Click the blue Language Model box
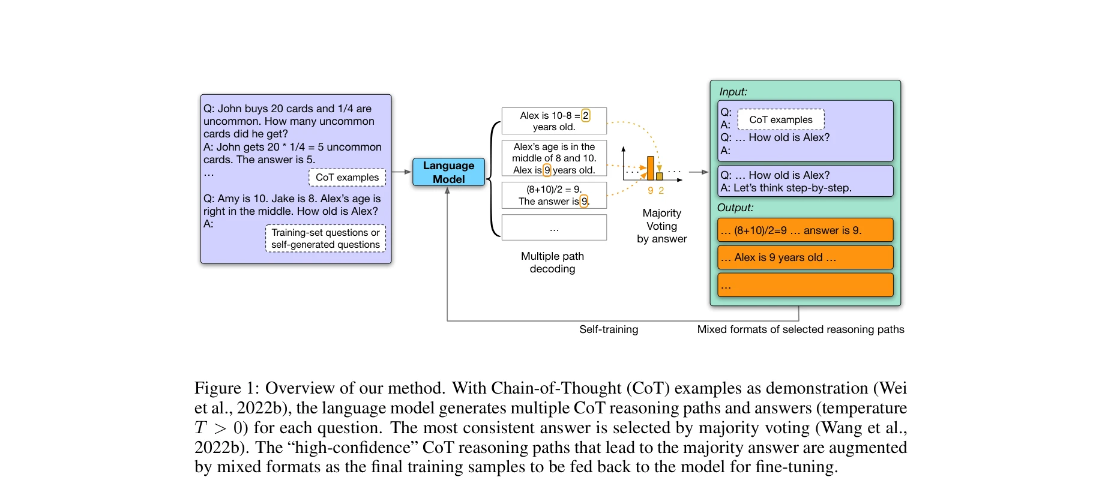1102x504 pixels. [448, 172]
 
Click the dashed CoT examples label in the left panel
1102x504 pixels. [347, 178]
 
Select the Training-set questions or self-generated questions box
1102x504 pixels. [325, 239]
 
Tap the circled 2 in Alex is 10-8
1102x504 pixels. [586, 115]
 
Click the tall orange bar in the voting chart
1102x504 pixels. [651, 168]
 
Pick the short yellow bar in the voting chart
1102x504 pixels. [660, 176]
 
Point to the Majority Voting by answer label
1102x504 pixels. [661, 226]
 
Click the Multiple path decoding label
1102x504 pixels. [552, 263]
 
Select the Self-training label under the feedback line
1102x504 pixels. [609, 329]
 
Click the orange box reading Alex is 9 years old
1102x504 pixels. [805, 257]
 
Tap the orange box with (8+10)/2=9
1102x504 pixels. [805, 230]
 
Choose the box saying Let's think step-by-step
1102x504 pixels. [805, 181]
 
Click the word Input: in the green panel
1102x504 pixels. [733, 92]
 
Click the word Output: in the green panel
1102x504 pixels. [735, 208]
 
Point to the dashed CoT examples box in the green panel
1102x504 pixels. [780, 120]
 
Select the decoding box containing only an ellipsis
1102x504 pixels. [554, 228]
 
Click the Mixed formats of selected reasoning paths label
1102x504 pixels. [800, 329]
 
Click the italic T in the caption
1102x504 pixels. [200, 428]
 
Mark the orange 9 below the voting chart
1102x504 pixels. [651, 191]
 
